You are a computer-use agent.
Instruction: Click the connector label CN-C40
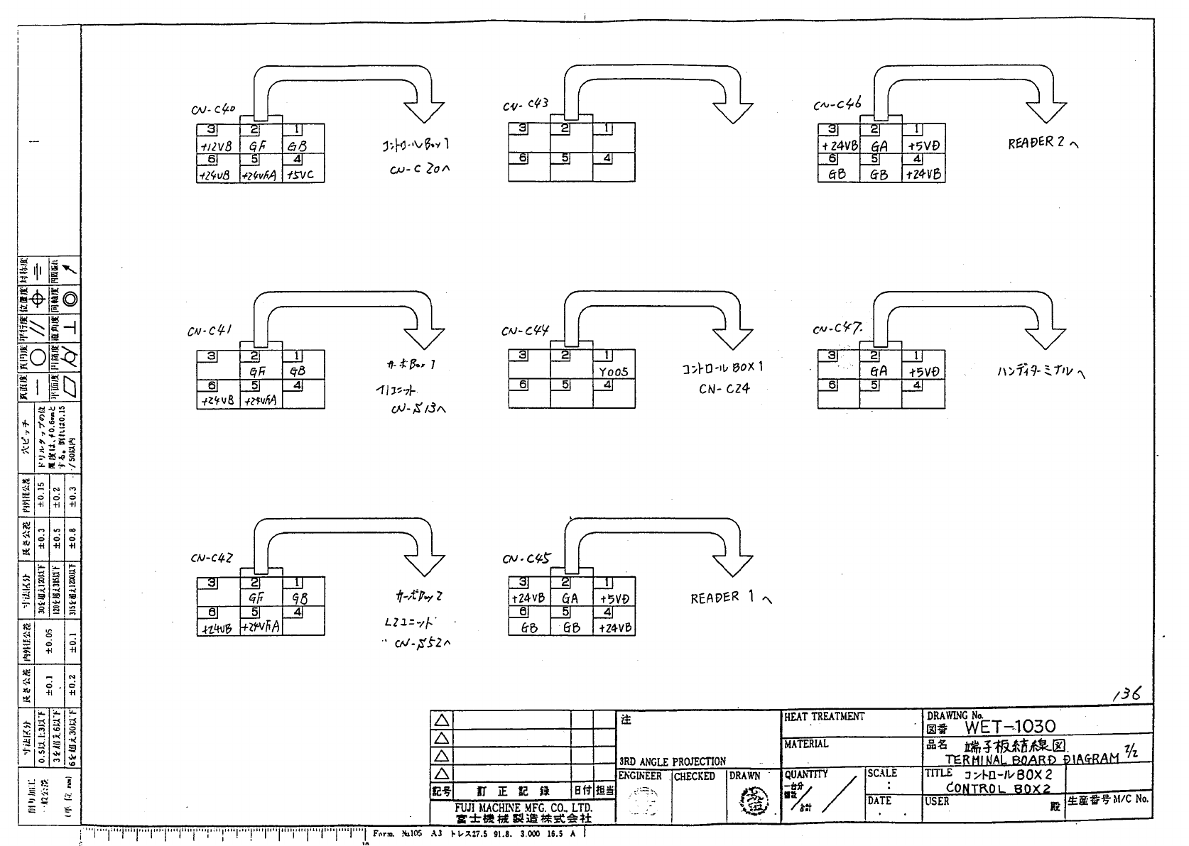(x=212, y=110)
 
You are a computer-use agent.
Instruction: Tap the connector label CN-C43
(x=526, y=105)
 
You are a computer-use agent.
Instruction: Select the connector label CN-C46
(x=837, y=105)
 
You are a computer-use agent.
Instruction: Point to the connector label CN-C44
(x=525, y=331)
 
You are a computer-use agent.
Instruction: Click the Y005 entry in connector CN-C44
(x=613, y=371)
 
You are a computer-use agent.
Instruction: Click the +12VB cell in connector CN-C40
(x=217, y=146)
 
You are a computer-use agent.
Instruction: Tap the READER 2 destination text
(x=1042, y=143)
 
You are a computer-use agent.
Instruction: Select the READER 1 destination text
(x=729, y=598)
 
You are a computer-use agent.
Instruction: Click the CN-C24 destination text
(x=724, y=389)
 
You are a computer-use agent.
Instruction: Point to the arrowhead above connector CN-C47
(x=1046, y=337)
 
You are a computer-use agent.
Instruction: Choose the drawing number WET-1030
(x=1010, y=726)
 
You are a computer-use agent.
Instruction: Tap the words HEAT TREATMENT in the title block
(x=824, y=717)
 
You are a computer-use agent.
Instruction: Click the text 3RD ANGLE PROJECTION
(x=673, y=762)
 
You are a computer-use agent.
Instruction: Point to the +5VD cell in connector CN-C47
(x=923, y=371)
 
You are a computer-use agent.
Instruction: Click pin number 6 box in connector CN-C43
(x=523, y=158)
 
